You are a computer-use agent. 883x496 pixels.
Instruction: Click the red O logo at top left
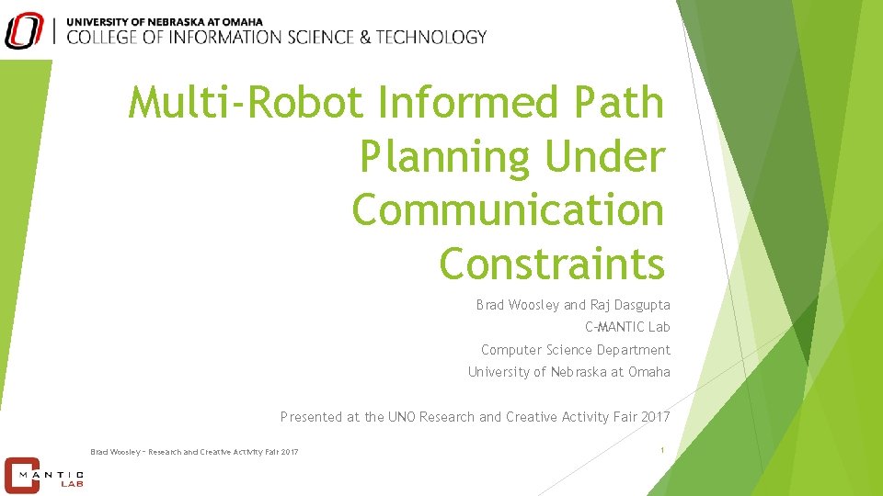click(x=24, y=29)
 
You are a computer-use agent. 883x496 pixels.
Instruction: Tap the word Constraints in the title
click(x=552, y=263)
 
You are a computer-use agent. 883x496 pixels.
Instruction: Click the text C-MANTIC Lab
click(x=627, y=327)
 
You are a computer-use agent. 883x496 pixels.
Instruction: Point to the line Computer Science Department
click(x=575, y=350)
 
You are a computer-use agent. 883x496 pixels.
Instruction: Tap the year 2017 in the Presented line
click(x=654, y=417)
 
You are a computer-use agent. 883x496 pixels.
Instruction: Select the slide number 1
click(x=662, y=449)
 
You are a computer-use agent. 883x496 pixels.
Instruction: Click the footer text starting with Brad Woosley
click(x=194, y=451)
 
